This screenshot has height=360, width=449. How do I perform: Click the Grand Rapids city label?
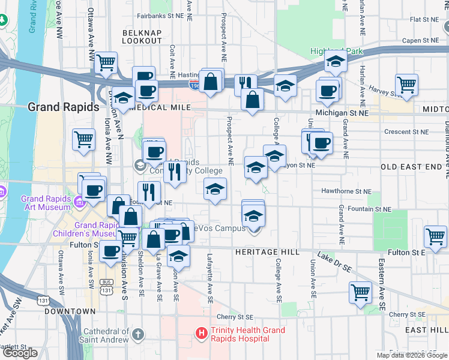point(63,107)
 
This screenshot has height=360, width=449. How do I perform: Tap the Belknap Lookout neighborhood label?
point(142,36)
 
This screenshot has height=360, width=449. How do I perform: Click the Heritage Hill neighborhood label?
point(268,252)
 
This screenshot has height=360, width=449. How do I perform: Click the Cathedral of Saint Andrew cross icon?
point(137,334)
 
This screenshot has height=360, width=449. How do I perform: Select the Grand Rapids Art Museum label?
point(48,203)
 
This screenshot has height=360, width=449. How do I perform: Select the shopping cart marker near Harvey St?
point(407,85)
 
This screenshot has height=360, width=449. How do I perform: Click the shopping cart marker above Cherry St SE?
point(360,293)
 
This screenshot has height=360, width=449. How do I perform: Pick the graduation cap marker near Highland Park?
point(336,62)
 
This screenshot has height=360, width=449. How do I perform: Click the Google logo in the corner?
point(20,353)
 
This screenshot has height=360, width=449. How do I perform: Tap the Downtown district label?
point(70,311)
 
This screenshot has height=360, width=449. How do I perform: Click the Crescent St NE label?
point(406,131)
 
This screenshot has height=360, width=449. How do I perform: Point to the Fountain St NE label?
point(372,209)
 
